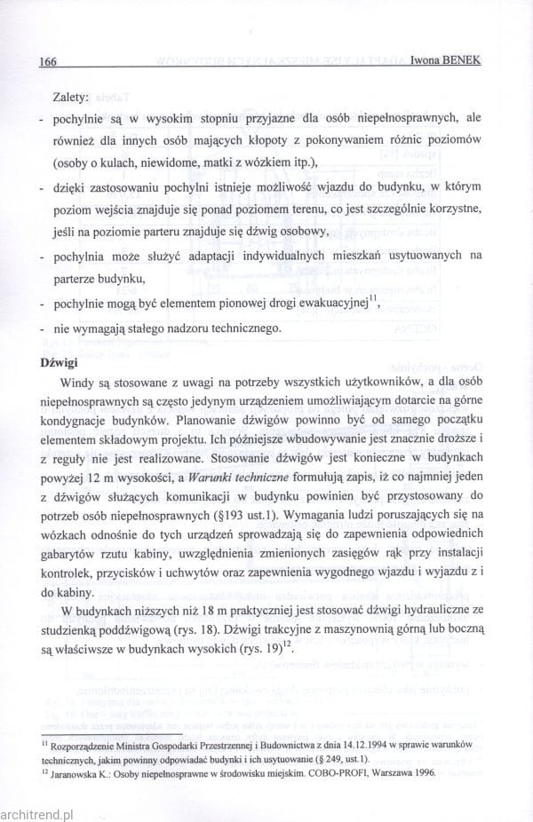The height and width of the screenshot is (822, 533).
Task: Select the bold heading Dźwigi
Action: (60, 364)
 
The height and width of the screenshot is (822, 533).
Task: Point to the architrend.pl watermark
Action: (36, 810)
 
